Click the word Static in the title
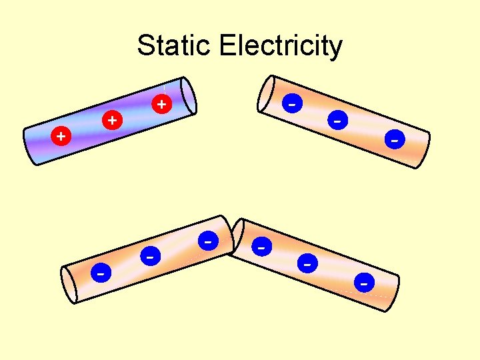175,46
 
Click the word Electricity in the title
280,46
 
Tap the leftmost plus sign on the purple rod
61,136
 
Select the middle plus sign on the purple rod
113,121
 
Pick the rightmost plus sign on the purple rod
161,104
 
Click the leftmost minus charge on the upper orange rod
292,103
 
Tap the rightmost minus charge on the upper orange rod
395,140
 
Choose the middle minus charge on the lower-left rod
151,255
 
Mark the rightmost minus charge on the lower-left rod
209,239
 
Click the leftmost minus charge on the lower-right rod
263,247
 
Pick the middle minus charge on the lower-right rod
307,264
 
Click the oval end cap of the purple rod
189,96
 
